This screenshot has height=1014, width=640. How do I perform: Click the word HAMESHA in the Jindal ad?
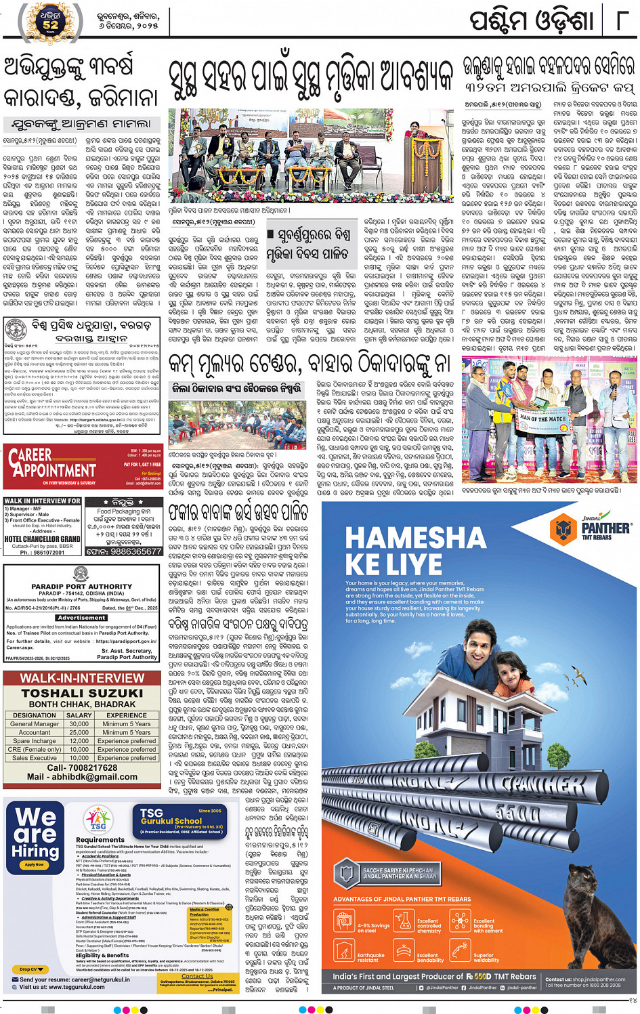click(415, 538)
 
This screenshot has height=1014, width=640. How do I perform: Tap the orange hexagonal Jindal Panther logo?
click(563, 528)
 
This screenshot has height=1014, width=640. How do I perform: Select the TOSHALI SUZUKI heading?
click(81, 693)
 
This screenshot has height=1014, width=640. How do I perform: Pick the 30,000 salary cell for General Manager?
click(79, 723)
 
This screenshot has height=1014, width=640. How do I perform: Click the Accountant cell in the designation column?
click(35, 732)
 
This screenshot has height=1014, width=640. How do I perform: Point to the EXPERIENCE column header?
click(126, 715)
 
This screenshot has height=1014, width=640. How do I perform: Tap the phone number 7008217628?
click(81, 767)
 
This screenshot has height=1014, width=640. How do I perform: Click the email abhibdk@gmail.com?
click(81, 777)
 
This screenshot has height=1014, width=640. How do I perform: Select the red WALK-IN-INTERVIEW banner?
click(81, 678)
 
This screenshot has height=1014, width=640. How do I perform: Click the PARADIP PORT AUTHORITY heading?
click(81, 587)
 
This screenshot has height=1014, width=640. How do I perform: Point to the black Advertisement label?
click(81, 618)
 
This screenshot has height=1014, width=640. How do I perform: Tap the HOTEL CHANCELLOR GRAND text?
click(42, 539)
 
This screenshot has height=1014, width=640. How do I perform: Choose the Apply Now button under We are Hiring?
click(34, 864)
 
